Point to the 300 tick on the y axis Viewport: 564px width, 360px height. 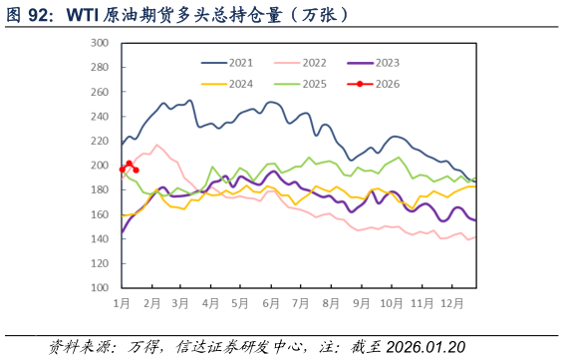[x=100, y=43]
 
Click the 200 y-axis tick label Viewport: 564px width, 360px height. [x=100, y=166]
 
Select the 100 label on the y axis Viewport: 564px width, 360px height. [x=100, y=287]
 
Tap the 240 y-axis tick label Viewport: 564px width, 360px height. [x=100, y=117]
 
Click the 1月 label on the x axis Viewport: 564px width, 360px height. [x=123, y=302]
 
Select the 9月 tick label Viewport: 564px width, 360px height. [x=363, y=302]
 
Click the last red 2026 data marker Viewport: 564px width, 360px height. [x=136, y=170]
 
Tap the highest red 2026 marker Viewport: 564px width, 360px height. [x=130, y=163]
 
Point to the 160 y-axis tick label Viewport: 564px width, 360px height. [x=100, y=214]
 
